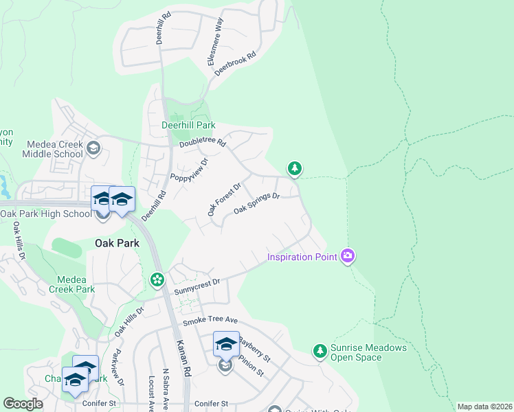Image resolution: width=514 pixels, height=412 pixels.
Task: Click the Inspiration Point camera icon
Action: click(348, 256)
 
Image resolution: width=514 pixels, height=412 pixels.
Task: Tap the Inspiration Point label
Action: click(302, 257)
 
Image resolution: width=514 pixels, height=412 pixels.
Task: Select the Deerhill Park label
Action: click(188, 125)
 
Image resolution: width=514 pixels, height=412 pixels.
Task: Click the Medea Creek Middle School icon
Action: click(93, 147)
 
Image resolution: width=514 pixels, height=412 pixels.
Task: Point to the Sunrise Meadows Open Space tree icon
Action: click(320, 351)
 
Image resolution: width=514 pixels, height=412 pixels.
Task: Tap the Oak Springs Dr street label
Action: click(257, 203)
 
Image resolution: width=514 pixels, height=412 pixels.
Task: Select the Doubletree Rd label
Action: click(202, 143)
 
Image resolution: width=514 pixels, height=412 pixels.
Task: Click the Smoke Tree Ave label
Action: click(210, 321)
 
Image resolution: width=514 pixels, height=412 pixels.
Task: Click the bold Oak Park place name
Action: click(118, 243)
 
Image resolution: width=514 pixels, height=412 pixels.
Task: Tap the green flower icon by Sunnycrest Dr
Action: click(157, 279)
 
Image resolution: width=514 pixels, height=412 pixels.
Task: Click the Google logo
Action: click(23, 403)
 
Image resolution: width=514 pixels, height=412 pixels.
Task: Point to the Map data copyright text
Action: click(484, 407)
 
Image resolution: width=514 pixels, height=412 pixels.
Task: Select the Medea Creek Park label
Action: click(71, 284)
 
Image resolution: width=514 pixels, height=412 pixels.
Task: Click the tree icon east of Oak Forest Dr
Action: click(295, 168)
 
